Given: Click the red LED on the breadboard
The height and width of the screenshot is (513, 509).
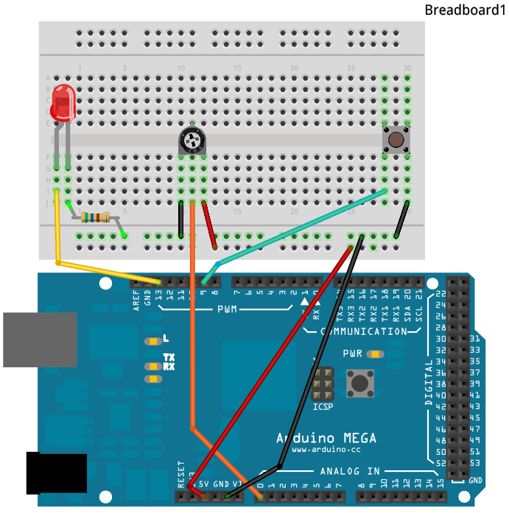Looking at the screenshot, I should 64,102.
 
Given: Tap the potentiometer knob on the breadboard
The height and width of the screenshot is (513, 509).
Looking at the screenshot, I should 192,140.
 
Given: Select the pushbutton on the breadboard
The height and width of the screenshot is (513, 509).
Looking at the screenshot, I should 396,138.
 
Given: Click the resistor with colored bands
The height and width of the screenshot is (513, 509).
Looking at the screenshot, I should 95,217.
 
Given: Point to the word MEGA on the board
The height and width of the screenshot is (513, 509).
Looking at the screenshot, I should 353,438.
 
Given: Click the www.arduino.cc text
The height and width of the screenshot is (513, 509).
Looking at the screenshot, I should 325,448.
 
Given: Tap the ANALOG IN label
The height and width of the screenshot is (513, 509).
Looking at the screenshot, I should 349,471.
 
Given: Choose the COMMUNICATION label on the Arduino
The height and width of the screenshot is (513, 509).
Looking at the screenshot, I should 363,331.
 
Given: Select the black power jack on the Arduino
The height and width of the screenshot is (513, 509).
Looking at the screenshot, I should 56,473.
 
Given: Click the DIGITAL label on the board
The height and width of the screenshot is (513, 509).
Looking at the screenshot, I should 429,383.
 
